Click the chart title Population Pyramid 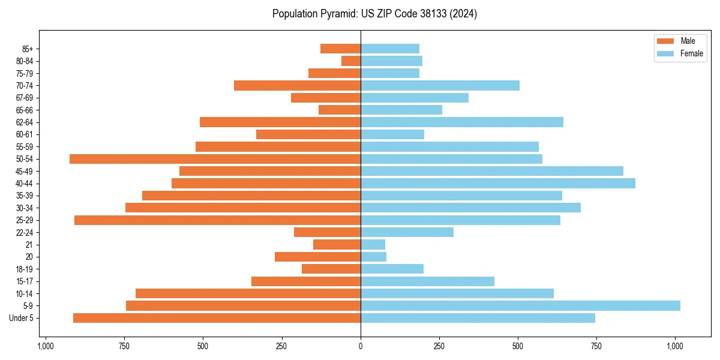[374, 14]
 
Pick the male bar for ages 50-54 [215, 159]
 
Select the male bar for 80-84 [351, 61]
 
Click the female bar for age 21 [373, 244]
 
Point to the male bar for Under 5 [217, 318]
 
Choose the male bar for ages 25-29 [217, 220]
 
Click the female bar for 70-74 [440, 85]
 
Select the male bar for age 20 [317, 257]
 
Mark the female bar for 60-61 [392, 134]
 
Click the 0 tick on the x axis [361, 346]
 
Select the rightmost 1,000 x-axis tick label [675, 346]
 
